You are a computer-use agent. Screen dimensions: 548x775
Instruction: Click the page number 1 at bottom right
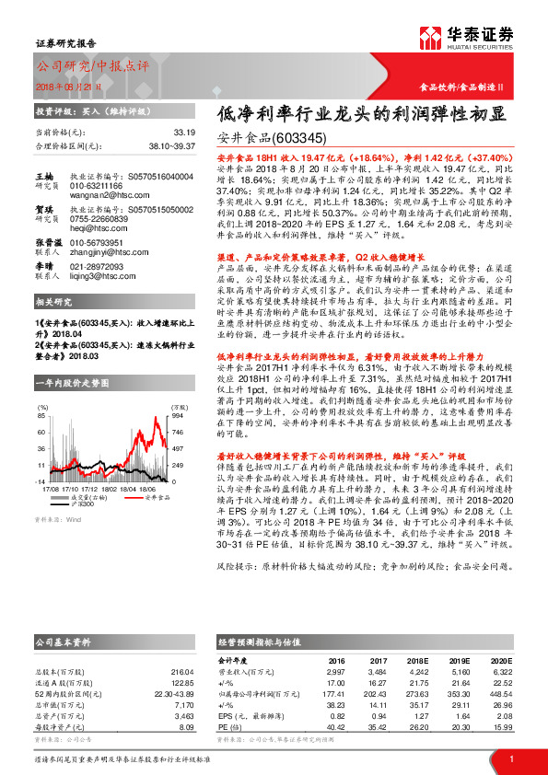tap(510, 758)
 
